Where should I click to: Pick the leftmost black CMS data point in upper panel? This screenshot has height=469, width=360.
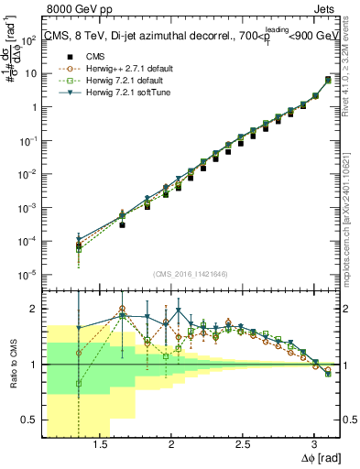click(80, 247)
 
